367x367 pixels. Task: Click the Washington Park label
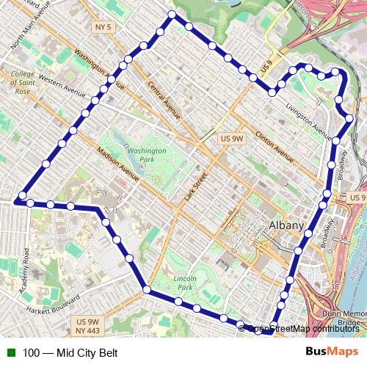click(x=147, y=154)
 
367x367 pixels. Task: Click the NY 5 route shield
click(x=103, y=27)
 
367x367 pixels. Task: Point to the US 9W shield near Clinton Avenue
click(x=232, y=138)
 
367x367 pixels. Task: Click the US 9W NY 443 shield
click(x=87, y=326)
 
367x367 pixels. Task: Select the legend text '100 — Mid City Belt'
click(x=70, y=352)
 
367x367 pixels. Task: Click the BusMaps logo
click(x=332, y=352)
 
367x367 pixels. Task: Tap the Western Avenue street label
click(x=62, y=82)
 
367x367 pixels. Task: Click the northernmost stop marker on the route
click(x=172, y=15)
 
